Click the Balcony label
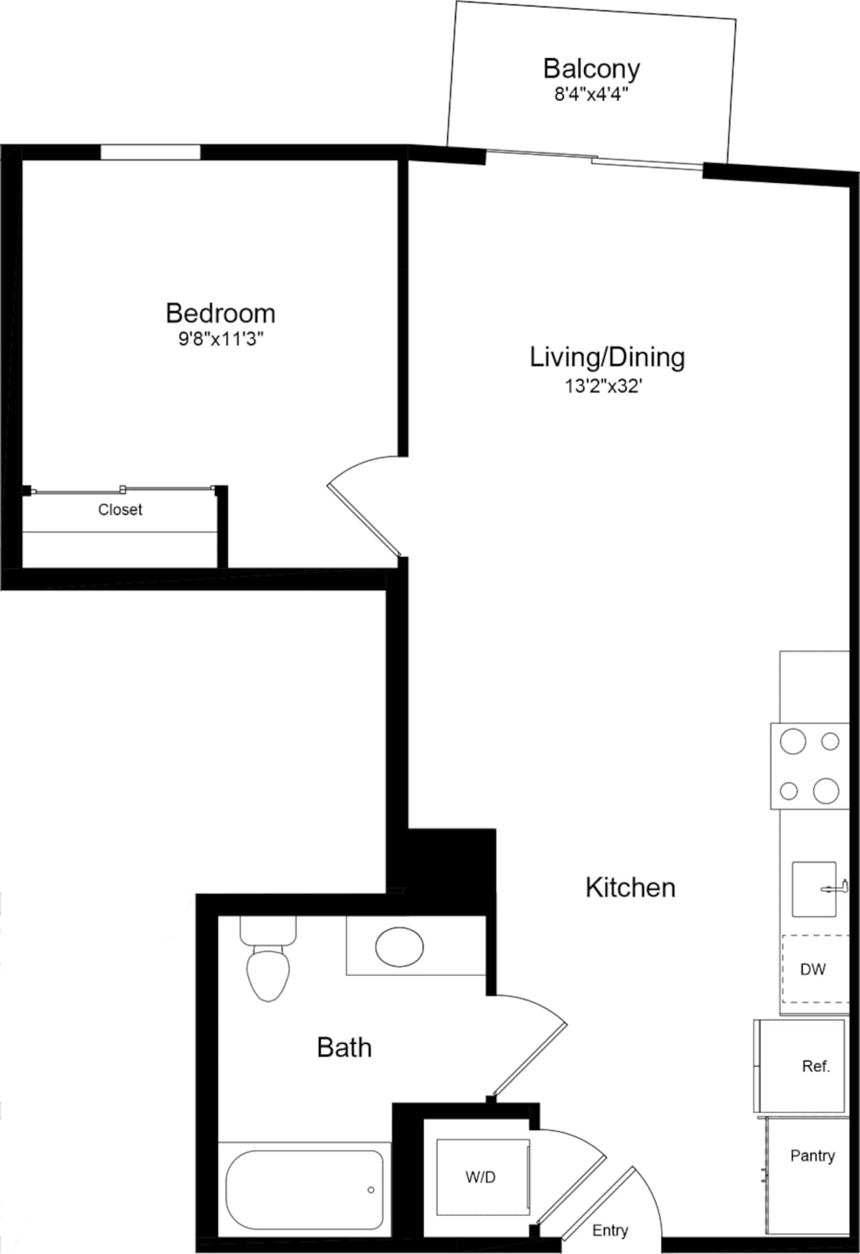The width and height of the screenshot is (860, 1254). tap(591, 69)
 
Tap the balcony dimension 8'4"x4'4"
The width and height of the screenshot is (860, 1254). tap(591, 95)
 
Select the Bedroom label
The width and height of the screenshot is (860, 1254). tap(220, 313)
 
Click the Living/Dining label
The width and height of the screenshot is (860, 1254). tap(607, 357)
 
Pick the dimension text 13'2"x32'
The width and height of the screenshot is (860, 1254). tap(604, 386)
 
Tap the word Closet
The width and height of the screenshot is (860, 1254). tap(120, 510)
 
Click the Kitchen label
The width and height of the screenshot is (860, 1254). tap(630, 888)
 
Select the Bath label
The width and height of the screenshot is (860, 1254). tap(344, 1048)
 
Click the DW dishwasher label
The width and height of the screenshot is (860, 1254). tap(813, 969)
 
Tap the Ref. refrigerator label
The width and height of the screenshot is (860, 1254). tap(816, 1066)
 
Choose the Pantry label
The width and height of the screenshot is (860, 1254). tap(812, 1156)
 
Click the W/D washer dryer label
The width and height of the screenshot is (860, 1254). tap(480, 1177)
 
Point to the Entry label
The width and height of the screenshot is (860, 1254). tap(610, 1230)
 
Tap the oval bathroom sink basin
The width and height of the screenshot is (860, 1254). tap(400, 947)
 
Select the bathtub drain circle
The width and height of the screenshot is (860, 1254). tap(371, 1190)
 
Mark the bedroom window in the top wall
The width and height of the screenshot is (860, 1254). tap(150, 152)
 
